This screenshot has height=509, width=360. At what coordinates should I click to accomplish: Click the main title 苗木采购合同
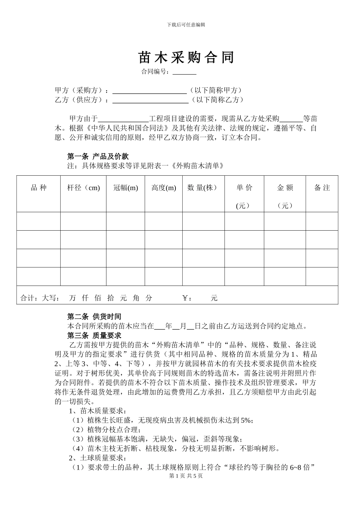pos(186,58)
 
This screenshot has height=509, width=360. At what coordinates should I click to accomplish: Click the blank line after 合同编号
pos(185,72)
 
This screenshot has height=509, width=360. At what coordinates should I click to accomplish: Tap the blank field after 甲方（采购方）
pos(150,91)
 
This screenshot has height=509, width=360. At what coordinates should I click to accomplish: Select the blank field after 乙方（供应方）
pos(150,100)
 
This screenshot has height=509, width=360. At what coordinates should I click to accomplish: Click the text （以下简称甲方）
pos(216,91)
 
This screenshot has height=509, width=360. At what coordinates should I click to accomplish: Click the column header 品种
pos(38,188)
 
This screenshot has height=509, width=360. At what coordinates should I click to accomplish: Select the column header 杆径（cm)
pos(83,188)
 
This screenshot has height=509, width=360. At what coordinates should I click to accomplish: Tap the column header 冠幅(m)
pos(126,188)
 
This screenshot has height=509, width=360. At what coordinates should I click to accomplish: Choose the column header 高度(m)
pos(164,188)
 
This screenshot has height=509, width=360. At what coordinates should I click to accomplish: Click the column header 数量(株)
pos(202,188)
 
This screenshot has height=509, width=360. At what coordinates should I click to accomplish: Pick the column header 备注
pos(322,188)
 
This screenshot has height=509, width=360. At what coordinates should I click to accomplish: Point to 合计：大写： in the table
pos(40,298)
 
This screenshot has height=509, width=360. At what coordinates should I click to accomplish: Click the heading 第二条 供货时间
pos(94,317)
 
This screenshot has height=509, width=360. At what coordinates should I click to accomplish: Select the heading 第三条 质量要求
pos(94,335)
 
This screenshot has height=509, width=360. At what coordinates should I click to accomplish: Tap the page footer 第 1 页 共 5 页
pos(186,476)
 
